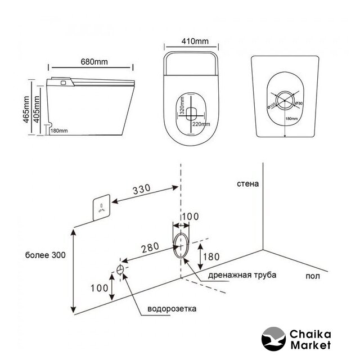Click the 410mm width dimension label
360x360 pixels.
click(191, 40)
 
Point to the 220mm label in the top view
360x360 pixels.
click(201, 124)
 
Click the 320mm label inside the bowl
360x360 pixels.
click(182, 108)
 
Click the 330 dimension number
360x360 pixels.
click(142, 190)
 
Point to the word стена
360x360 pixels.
click(248, 184)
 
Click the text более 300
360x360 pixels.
click(46, 255)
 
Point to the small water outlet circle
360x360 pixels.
click(120, 269)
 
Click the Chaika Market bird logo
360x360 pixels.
click(273, 339)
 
